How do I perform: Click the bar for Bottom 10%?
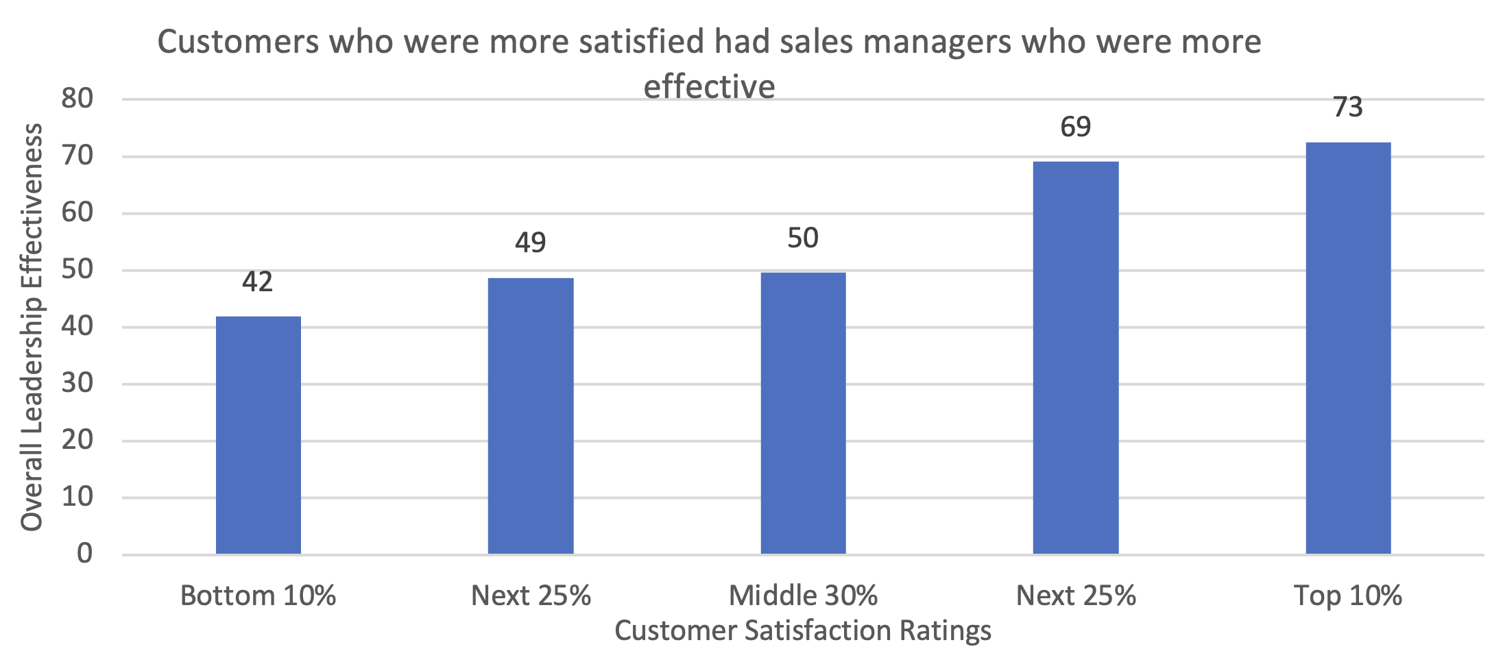point(258,435)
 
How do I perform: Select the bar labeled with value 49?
point(530,416)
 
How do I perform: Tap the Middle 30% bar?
point(803,413)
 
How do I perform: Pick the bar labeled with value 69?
point(1075,358)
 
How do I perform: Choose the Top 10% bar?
point(1348,348)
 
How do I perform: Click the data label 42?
point(257,282)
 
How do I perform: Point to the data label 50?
point(803,238)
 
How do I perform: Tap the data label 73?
point(1348,108)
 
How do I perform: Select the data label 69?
point(1075,127)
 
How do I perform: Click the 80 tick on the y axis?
point(77,99)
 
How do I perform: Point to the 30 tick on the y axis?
point(77,383)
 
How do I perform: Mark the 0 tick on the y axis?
point(84,553)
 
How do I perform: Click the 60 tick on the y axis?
point(77,212)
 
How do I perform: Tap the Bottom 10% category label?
point(258,595)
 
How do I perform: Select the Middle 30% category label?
point(803,595)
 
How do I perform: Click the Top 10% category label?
point(1348,595)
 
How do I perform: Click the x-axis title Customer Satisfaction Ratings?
point(803,630)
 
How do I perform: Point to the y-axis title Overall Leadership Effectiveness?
point(32,328)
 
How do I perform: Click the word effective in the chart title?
point(709,87)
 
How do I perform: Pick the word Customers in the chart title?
point(239,42)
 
